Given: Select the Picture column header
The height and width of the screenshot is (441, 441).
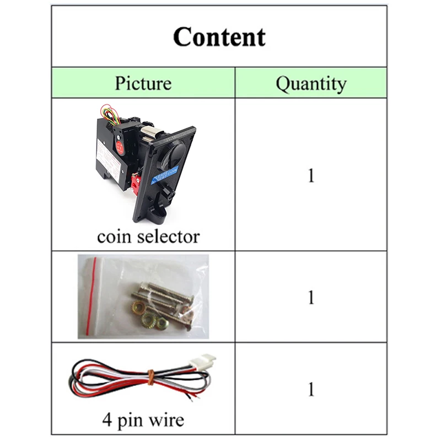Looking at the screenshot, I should (143, 83).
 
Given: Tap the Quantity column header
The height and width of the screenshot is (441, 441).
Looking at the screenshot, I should (311, 83).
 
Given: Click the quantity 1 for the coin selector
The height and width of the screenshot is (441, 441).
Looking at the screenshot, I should (311, 175).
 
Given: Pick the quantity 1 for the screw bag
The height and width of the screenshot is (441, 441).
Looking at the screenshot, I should (311, 298).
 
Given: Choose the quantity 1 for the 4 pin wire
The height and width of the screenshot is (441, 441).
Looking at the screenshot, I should (311, 389).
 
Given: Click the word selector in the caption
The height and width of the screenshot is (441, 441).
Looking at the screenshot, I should (167, 236).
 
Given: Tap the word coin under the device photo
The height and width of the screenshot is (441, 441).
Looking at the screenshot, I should (113, 236).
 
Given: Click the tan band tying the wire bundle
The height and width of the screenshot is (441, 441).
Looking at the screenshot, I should (150, 377).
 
